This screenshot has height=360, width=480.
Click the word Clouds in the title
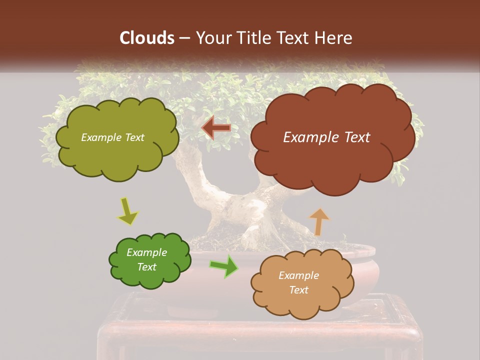146,37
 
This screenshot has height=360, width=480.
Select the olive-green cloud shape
117,155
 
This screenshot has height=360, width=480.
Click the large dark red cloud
332,160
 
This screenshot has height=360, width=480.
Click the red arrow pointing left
216,128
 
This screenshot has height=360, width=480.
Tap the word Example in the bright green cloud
146,252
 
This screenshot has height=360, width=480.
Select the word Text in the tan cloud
299,290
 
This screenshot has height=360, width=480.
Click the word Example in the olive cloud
100,137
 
